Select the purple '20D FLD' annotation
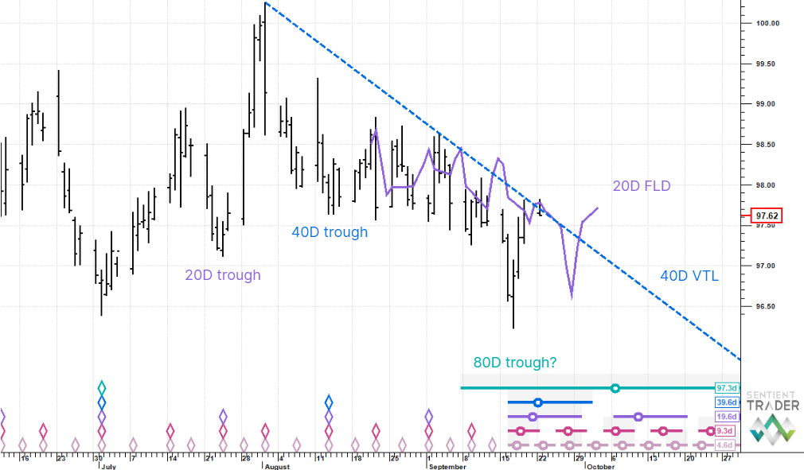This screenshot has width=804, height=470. tap(641, 186)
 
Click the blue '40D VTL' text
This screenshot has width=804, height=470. tap(689, 276)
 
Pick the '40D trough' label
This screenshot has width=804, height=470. tap(330, 232)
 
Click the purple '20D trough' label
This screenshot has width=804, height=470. tap(223, 275)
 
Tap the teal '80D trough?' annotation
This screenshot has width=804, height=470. tap(515, 363)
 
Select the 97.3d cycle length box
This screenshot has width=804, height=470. tap(727, 387)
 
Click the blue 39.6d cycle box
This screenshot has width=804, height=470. tap(727, 402)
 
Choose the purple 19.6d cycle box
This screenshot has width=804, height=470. tap(727, 416)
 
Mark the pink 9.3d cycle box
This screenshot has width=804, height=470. tap(727, 431)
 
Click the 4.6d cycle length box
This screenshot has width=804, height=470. tap(727, 445)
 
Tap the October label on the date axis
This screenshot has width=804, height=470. tap(600, 467)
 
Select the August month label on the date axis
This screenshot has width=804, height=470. tap(278, 467)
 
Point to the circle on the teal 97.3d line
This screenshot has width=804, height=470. tap(615, 387)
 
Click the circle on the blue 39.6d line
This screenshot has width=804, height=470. tap(537, 402)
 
